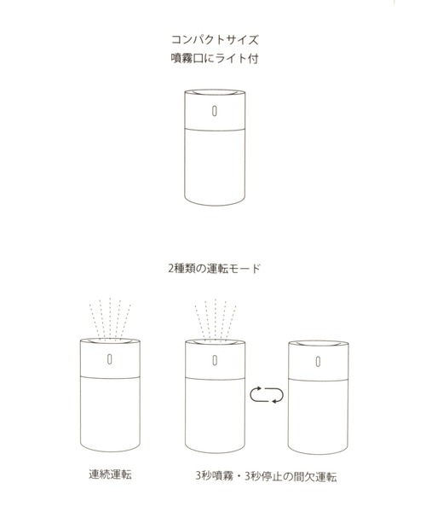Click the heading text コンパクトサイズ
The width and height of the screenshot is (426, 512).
click(x=213, y=39)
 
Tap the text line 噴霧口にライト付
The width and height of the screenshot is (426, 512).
click(x=213, y=61)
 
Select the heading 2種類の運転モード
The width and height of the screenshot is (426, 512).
click(x=213, y=267)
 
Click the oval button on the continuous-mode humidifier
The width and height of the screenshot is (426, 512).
click(x=109, y=360)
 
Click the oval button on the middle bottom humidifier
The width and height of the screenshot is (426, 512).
click(x=213, y=360)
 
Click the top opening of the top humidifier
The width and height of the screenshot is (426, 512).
click(x=213, y=92)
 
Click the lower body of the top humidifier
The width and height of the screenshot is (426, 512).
click(x=213, y=166)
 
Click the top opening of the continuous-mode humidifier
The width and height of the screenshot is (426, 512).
click(x=109, y=344)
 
